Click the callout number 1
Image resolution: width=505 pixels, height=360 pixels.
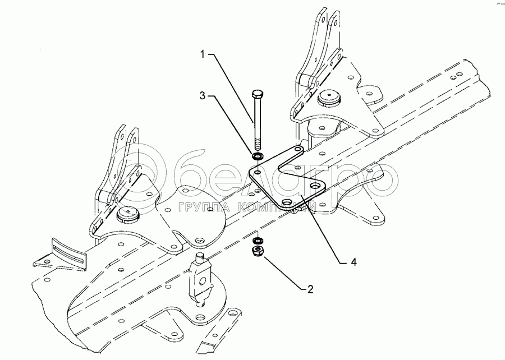click(203, 54)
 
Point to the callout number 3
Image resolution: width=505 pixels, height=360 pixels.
click(203, 96)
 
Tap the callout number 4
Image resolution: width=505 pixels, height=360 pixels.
click(354, 261)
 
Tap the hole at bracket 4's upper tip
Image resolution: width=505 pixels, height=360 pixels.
click(298, 150)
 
